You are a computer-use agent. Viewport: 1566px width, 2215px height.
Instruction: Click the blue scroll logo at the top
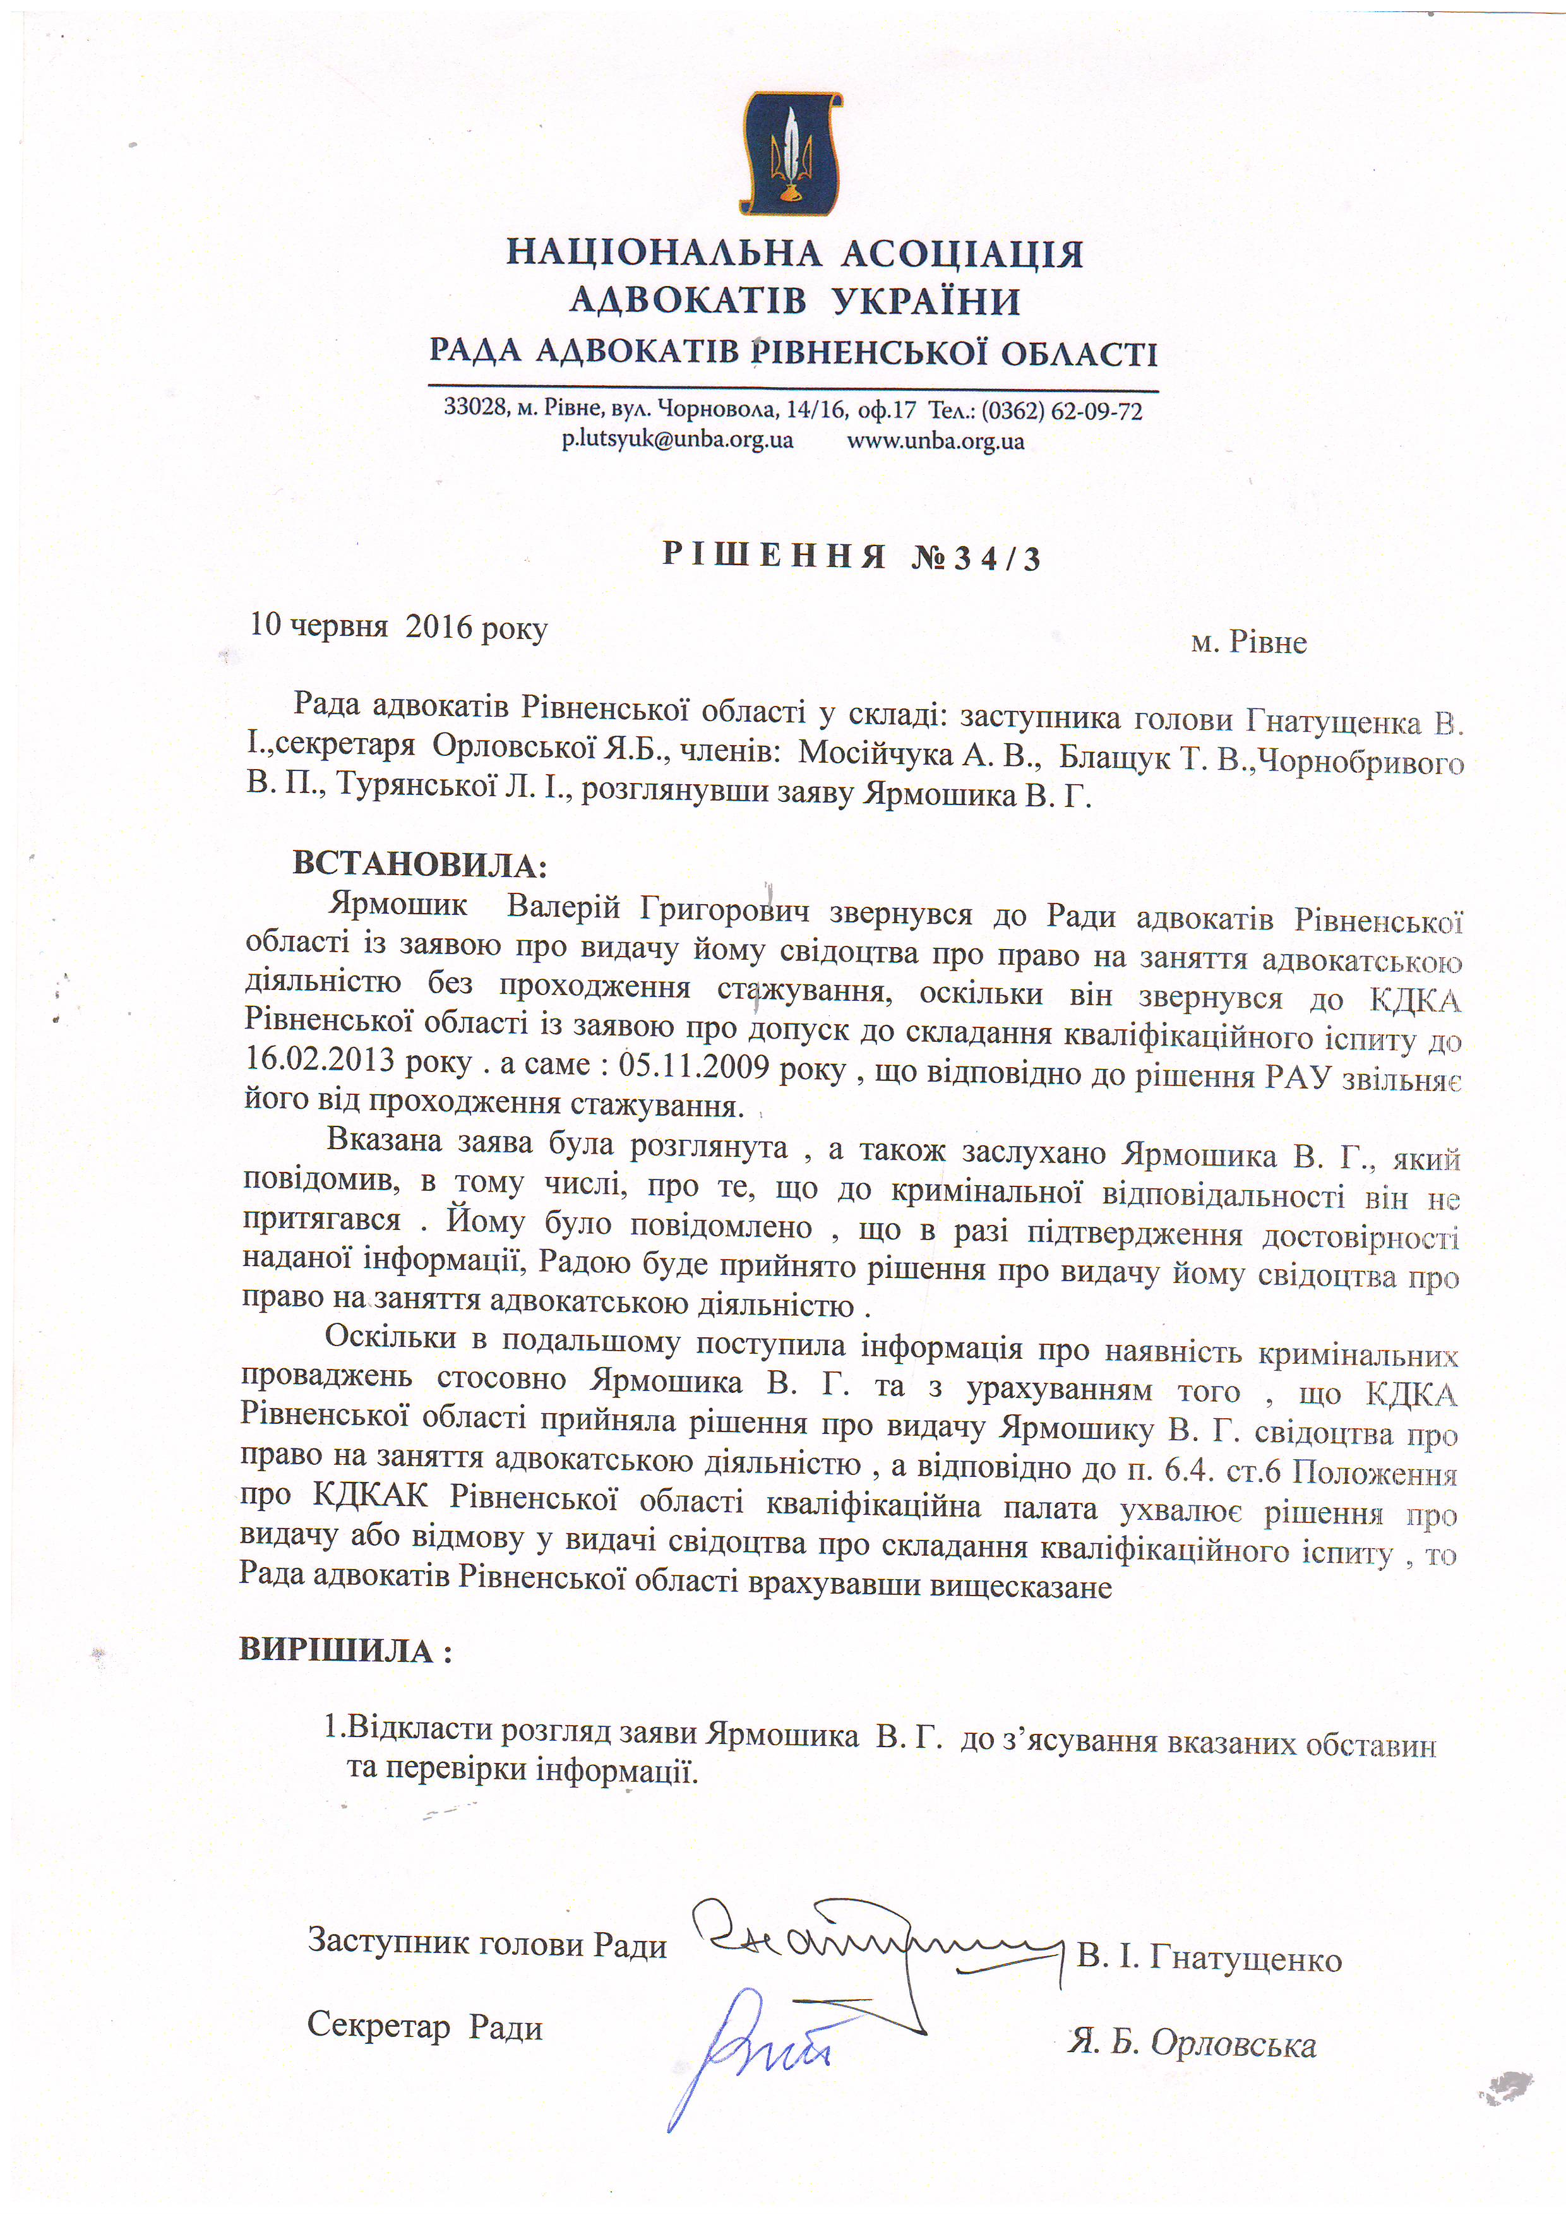pyautogui.click(x=790, y=153)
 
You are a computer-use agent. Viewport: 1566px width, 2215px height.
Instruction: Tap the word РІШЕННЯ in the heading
pyautogui.click(x=774, y=555)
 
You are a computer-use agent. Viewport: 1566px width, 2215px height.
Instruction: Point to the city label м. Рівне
pyautogui.click(x=1248, y=643)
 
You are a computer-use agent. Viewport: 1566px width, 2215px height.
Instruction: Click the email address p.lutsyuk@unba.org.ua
pyautogui.click(x=678, y=441)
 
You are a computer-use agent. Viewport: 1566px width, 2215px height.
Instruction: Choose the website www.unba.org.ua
pyautogui.click(x=935, y=442)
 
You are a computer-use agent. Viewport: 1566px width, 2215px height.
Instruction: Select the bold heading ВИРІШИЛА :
pyautogui.click(x=345, y=1650)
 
